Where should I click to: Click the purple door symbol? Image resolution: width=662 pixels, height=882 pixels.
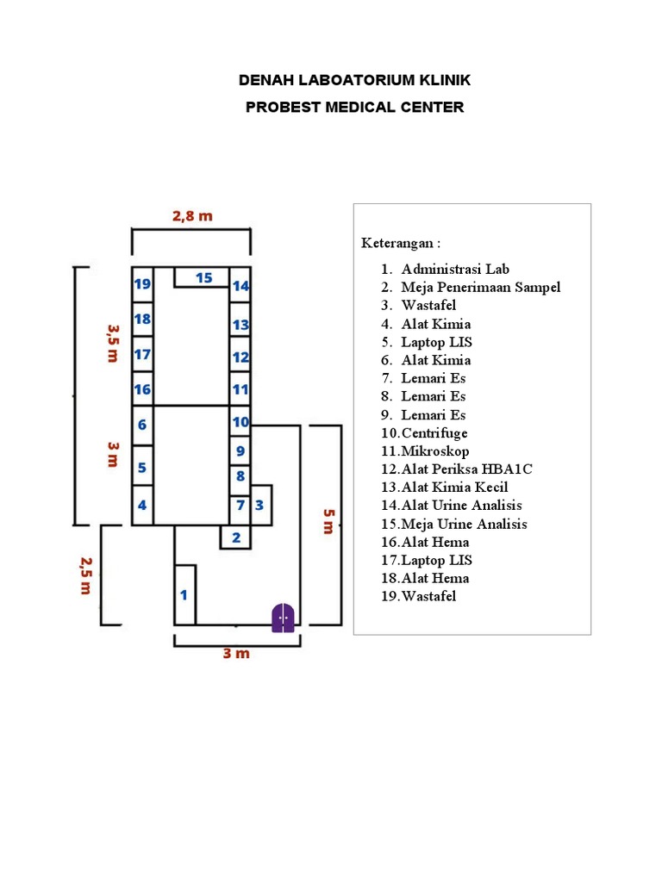(x=284, y=618)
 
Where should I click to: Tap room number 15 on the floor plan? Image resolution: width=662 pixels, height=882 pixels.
(x=203, y=277)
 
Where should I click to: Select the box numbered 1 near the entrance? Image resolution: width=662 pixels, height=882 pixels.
(x=184, y=594)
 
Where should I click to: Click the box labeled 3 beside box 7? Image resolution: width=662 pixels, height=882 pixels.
(x=259, y=505)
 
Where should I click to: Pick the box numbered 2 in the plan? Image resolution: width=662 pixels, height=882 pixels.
(x=235, y=538)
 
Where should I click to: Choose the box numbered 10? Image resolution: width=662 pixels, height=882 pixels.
(x=240, y=422)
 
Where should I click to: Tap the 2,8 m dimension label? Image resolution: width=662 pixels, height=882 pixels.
(x=191, y=216)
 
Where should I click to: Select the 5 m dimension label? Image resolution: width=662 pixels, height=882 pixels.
(x=328, y=521)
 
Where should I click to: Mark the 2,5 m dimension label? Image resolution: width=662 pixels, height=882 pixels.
(x=85, y=575)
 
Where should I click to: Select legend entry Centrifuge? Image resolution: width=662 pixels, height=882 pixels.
(x=434, y=432)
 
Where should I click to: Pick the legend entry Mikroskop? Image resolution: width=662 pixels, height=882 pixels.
(x=435, y=450)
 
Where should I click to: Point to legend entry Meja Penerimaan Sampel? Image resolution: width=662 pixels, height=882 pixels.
(x=480, y=287)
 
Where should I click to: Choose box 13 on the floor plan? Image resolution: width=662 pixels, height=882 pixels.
(x=240, y=325)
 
